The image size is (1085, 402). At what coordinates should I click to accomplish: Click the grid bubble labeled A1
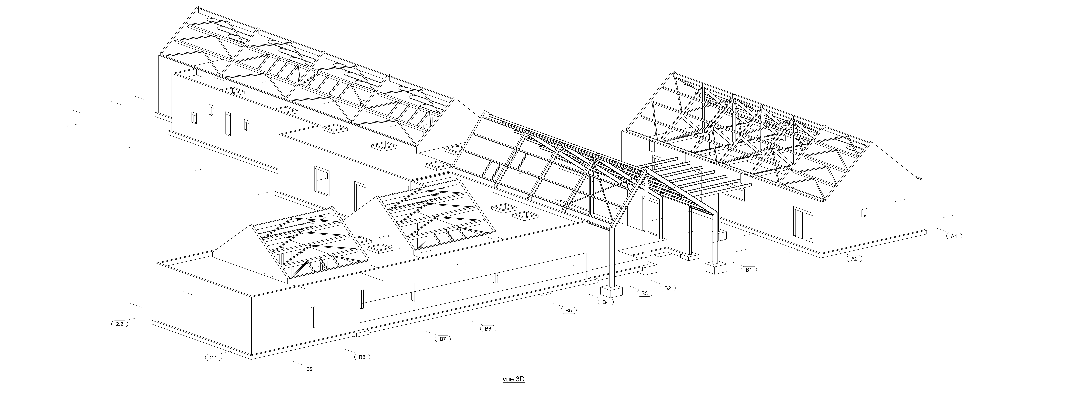(x=954, y=236)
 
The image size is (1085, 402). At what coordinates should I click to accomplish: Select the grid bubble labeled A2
(x=854, y=258)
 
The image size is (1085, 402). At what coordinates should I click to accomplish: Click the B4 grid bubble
(x=606, y=302)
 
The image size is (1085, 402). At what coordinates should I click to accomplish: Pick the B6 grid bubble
(x=488, y=328)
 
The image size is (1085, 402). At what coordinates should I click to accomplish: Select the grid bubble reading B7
(x=442, y=338)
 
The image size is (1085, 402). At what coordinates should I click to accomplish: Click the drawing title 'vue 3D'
(x=513, y=379)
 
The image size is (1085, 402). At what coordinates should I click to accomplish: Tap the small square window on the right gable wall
(x=864, y=213)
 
